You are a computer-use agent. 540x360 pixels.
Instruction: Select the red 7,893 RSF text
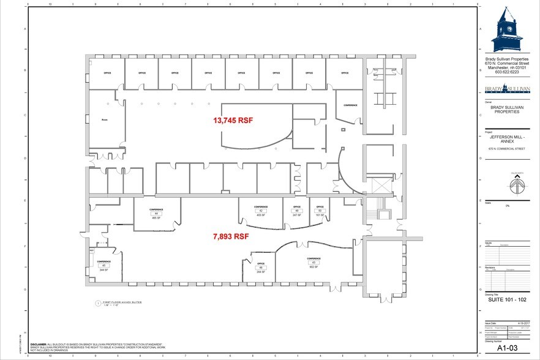pyautogui.click(x=230, y=236)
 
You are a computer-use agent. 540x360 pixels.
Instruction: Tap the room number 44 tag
pyautogui.click(x=156, y=214)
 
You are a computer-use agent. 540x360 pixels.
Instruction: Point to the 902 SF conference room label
pyautogui.click(x=313, y=266)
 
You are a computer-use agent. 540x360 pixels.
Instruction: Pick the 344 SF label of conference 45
pyautogui.click(x=103, y=269)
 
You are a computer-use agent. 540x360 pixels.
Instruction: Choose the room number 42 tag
pyautogui.click(x=261, y=211)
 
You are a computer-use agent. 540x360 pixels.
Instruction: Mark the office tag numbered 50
pyautogui.click(x=319, y=211)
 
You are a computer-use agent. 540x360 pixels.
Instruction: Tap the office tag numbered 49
pyautogui.click(x=298, y=211)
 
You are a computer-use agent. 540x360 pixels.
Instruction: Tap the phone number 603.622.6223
pyautogui.click(x=508, y=72)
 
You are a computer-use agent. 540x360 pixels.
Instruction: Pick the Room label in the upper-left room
pyautogui.click(x=104, y=120)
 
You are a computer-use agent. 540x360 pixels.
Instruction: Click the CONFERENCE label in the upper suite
pyautogui.click(x=350, y=105)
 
